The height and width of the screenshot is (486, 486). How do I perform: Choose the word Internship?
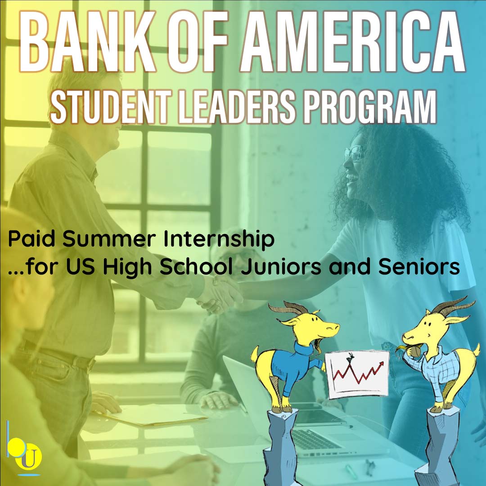[x=219, y=239]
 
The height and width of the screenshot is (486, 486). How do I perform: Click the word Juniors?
[x=281, y=267]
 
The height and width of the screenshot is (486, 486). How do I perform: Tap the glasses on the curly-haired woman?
[x=355, y=153]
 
